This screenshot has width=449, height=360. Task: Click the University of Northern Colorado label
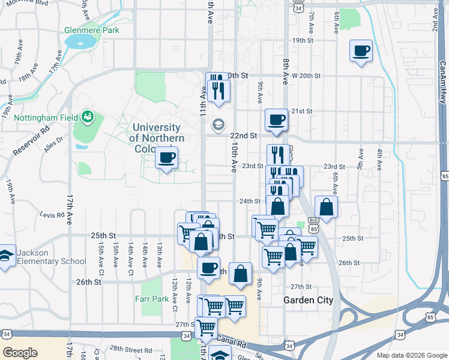pos(156,138)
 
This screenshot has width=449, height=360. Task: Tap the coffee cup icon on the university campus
pos(167,158)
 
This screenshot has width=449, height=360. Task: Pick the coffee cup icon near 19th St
pos(361,51)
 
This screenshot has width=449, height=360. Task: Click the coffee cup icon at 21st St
pos(276,120)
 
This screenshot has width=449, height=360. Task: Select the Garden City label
pos(308,300)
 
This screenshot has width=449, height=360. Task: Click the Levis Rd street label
pos(52,215)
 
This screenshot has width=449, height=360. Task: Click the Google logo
pos(20,353)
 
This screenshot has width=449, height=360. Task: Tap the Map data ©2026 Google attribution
pos(411,355)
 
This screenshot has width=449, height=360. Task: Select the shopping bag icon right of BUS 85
pos(326,208)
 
